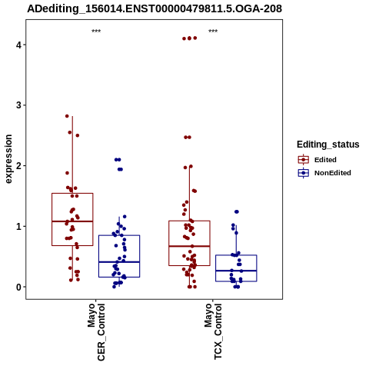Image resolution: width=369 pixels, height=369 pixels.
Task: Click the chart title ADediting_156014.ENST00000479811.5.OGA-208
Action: pyautogui.click(x=155, y=8)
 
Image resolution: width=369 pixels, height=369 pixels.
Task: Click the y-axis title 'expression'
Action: pyautogui.click(x=8, y=159)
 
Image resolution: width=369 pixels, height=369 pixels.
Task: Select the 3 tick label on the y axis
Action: pyautogui.click(x=18, y=105)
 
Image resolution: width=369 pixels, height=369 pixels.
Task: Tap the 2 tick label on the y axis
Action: pyautogui.click(x=18, y=166)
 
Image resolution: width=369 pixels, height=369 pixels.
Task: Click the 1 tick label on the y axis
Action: pyautogui.click(x=18, y=227)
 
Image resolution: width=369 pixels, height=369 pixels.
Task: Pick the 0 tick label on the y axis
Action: pyautogui.click(x=18, y=288)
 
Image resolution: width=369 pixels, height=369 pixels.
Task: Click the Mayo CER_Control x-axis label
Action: pyautogui.click(x=96, y=332)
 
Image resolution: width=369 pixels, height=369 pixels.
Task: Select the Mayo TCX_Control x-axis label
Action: pyautogui.click(x=213, y=331)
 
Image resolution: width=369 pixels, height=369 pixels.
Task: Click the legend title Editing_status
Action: pyautogui.click(x=328, y=145)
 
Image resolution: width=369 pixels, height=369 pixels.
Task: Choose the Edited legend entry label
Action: pyautogui.click(x=325, y=160)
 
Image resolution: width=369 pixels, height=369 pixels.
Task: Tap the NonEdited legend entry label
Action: pyautogui.click(x=333, y=173)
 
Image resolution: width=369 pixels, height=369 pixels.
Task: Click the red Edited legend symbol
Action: pyautogui.click(x=304, y=160)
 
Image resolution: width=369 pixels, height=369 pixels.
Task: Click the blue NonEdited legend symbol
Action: pyautogui.click(x=304, y=173)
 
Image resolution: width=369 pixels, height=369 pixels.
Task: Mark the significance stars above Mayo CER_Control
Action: pyautogui.click(x=96, y=32)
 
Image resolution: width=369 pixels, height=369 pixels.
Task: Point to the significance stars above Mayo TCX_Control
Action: pyautogui.click(x=213, y=32)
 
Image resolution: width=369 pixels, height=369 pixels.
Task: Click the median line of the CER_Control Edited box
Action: pyautogui.click(x=72, y=221)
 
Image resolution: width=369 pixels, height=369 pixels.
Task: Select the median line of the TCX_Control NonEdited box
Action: pyautogui.click(x=236, y=271)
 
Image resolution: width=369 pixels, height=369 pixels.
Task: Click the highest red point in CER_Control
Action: pyautogui.click(x=67, y=116)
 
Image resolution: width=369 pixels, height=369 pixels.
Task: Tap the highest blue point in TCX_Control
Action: pyautogui.click(x=237, y=211)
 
